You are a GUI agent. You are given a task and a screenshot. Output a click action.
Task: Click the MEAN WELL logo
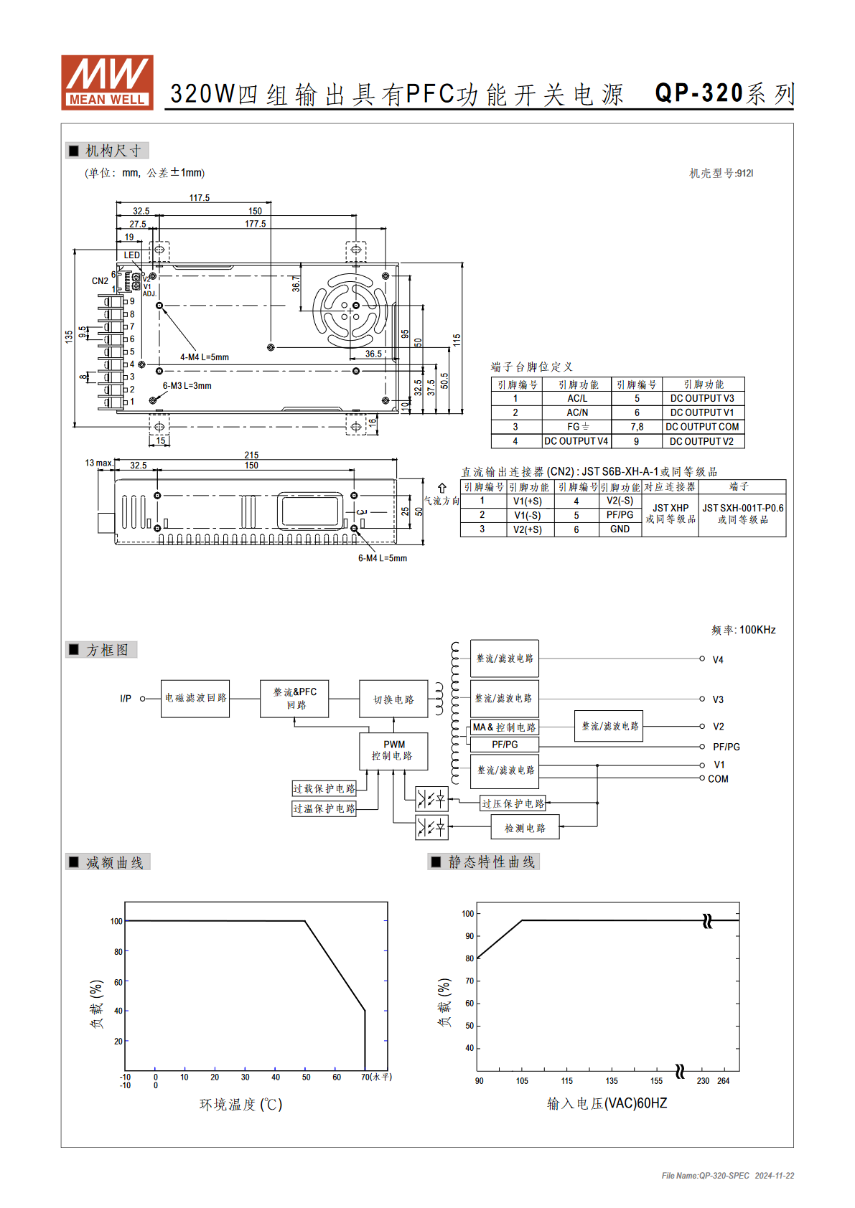point(107,82)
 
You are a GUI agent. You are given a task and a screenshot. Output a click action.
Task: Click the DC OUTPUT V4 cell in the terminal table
point(576,441)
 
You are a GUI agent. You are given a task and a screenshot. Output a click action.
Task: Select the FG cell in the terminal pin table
point(577,427)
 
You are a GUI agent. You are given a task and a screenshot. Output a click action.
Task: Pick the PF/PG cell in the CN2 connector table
point(620,515)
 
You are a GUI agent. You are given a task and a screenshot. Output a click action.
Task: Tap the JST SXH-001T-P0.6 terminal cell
point(742,514)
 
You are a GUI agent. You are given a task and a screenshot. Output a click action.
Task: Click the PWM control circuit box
point(393,750)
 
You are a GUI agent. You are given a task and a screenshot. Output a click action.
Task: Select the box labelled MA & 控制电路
point(504,727)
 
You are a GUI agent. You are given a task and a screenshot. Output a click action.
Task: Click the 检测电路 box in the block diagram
point(525,828)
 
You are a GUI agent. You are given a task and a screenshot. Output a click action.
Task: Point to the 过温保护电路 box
point(324,809)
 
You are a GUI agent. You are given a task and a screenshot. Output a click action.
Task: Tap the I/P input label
point(125,699)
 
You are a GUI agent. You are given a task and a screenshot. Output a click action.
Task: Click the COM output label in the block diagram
point(718,779)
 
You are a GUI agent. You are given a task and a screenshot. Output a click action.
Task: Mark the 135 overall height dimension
point(68,337)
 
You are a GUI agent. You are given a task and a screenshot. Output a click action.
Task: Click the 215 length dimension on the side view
point(251,456)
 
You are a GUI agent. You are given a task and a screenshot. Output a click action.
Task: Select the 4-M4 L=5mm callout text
point(205,357)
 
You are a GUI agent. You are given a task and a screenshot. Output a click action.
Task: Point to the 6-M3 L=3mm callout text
point(187,386)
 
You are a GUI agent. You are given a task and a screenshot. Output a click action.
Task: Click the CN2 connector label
point(100,281)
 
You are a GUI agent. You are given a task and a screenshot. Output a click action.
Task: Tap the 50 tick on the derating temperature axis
point(306,1077)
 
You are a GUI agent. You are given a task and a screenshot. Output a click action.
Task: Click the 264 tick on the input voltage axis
point(724,1081)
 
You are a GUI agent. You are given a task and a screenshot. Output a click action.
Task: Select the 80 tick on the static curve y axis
point(469,958)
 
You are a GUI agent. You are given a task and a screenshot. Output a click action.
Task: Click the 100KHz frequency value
point(757,630)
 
